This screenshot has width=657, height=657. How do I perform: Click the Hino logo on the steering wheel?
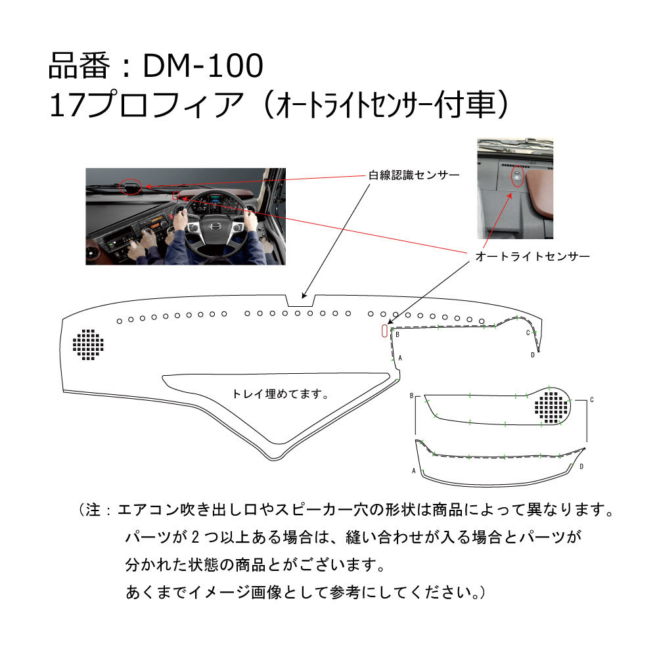click(214, 227)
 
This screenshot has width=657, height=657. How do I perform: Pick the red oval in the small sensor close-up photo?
click(517, 175)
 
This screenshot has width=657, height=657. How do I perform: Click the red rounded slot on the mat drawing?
click(384, 331)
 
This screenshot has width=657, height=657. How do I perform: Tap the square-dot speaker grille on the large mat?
click(89, 344)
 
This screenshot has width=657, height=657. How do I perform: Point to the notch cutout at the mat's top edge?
click(300, 300)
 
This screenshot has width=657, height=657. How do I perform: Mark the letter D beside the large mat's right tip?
click(533, 355)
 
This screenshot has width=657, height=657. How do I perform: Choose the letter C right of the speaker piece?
click(592, 399)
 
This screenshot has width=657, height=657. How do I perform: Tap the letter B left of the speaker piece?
click(411, 397)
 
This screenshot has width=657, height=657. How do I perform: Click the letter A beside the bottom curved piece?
click(413, 471)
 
